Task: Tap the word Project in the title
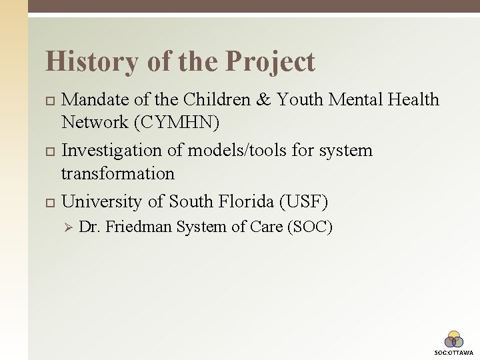click(270, 62)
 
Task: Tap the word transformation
click(117, 174)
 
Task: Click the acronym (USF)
click(305, 201)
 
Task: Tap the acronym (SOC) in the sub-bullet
click(309, 227)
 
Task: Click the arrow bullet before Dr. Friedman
click(66, 227)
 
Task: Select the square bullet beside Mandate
click(49, 101)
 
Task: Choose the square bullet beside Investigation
click(49, 151)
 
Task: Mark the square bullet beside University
click(49, 201)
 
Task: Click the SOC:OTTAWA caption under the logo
click(454, 352)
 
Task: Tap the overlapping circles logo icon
click(454, 339)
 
